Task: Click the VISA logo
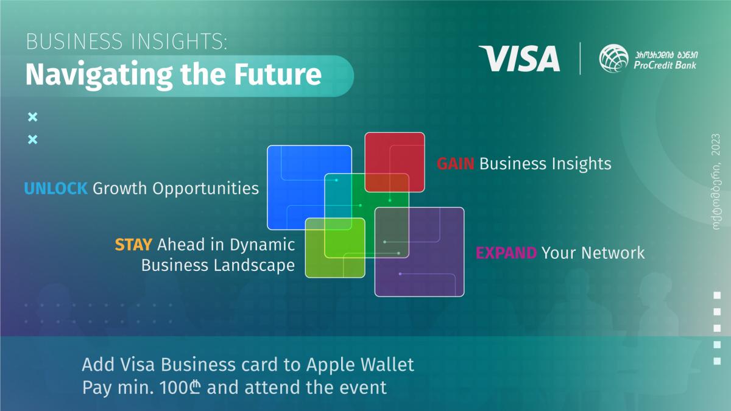pos(519,59)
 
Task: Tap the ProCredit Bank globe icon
pos(614,59)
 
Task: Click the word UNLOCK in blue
pos(56,189)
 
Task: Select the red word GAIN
pos(456,164)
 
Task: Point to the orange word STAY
pos(133,245)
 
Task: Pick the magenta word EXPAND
pos(506,253)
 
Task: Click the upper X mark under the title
pos(33,117)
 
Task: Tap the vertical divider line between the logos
pos(580,58)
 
